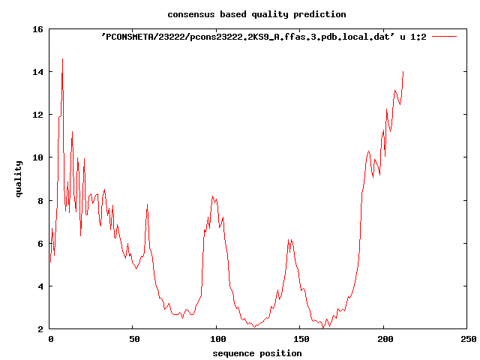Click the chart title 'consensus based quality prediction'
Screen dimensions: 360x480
(x=256, y=14)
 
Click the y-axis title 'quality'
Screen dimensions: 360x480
(x=19, y=180)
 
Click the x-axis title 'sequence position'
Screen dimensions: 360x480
(x=256, y=353)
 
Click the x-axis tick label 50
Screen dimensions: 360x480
(x=133, y=340)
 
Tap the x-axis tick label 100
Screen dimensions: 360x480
(x=216, y=340)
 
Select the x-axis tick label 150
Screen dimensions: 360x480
(x=299, y=340)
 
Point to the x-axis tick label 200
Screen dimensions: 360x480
(x=383, y=340)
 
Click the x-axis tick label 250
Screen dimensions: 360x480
(x=466, y=340)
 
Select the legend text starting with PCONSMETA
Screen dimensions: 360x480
(x=263, y=37)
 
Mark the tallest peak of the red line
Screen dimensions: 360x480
(x=62, y=58)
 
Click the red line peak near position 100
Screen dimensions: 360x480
(x=214, y=196)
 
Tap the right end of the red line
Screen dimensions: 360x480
(x=403, y=71)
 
